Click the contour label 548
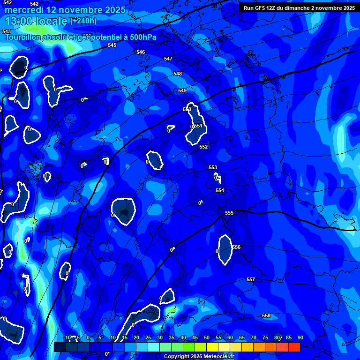tap(178, 74)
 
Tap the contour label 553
tap(213, 168)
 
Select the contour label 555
tap(229, 213)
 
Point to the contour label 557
tap(251, 280)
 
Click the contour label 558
tap(266, 316)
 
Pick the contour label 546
tap(141, 52)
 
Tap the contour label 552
tap(203, 147)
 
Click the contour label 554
tap(220, 190)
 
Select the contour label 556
tap(236, 247)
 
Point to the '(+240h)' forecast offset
tap(83, 21)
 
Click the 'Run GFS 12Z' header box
tap(299, 8)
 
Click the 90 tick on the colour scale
tap(300, 338)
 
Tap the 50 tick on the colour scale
tap(206, 338)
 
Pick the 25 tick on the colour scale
tap(148, 338)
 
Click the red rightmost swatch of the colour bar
tap(294, 347)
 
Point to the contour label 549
tap(182, 90)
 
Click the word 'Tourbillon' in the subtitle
tap(23, 37)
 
